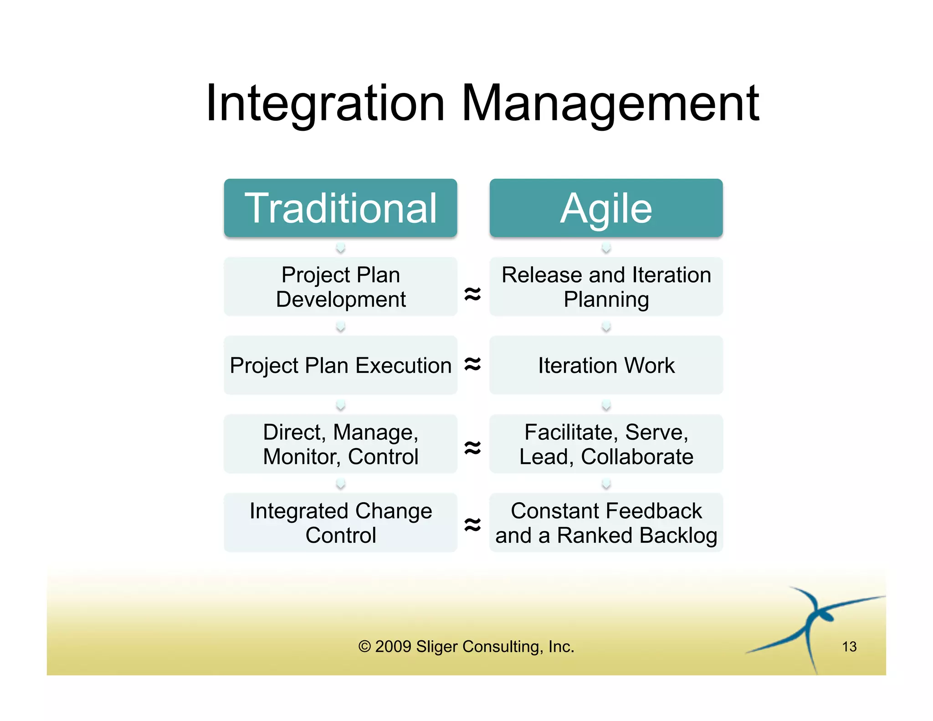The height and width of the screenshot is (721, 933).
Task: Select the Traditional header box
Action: point(340,208)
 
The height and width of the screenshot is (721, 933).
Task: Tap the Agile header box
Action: point(606,208)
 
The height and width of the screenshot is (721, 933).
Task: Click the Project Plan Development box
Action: point(340,287)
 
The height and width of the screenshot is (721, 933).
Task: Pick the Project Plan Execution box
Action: point(340,365)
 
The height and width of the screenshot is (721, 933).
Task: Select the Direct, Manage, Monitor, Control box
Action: point(340,444)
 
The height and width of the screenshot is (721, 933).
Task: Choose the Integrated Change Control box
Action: point(340,523)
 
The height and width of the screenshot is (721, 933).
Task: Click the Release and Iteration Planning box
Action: point(606,287)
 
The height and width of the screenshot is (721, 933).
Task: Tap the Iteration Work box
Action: point(606,365)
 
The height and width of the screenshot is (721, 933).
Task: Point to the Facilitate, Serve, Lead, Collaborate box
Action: point(606,444)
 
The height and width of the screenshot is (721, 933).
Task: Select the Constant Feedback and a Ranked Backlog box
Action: point(606,523)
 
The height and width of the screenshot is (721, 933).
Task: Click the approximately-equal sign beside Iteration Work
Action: point(472,364)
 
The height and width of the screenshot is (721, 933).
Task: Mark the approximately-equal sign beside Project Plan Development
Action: point(472,294)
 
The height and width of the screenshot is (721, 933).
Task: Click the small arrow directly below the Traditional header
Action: point(340,248)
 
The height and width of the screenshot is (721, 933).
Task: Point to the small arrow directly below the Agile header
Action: point(606,248)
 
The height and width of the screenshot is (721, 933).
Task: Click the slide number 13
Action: point(849,646)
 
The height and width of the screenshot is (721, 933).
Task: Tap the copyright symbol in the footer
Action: point(364,646)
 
